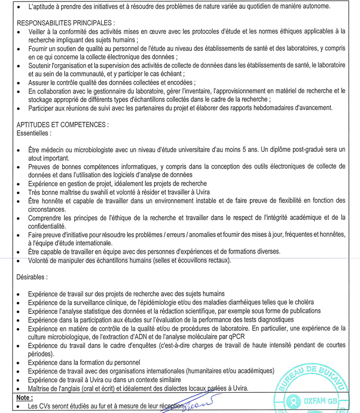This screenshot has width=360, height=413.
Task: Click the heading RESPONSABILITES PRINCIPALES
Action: tap(65, 23)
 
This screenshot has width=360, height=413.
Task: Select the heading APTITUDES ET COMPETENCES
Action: tap(62, 125)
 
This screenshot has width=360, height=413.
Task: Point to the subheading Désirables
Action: tap(32, 277)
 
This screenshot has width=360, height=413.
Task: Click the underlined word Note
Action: tap(24, 397)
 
